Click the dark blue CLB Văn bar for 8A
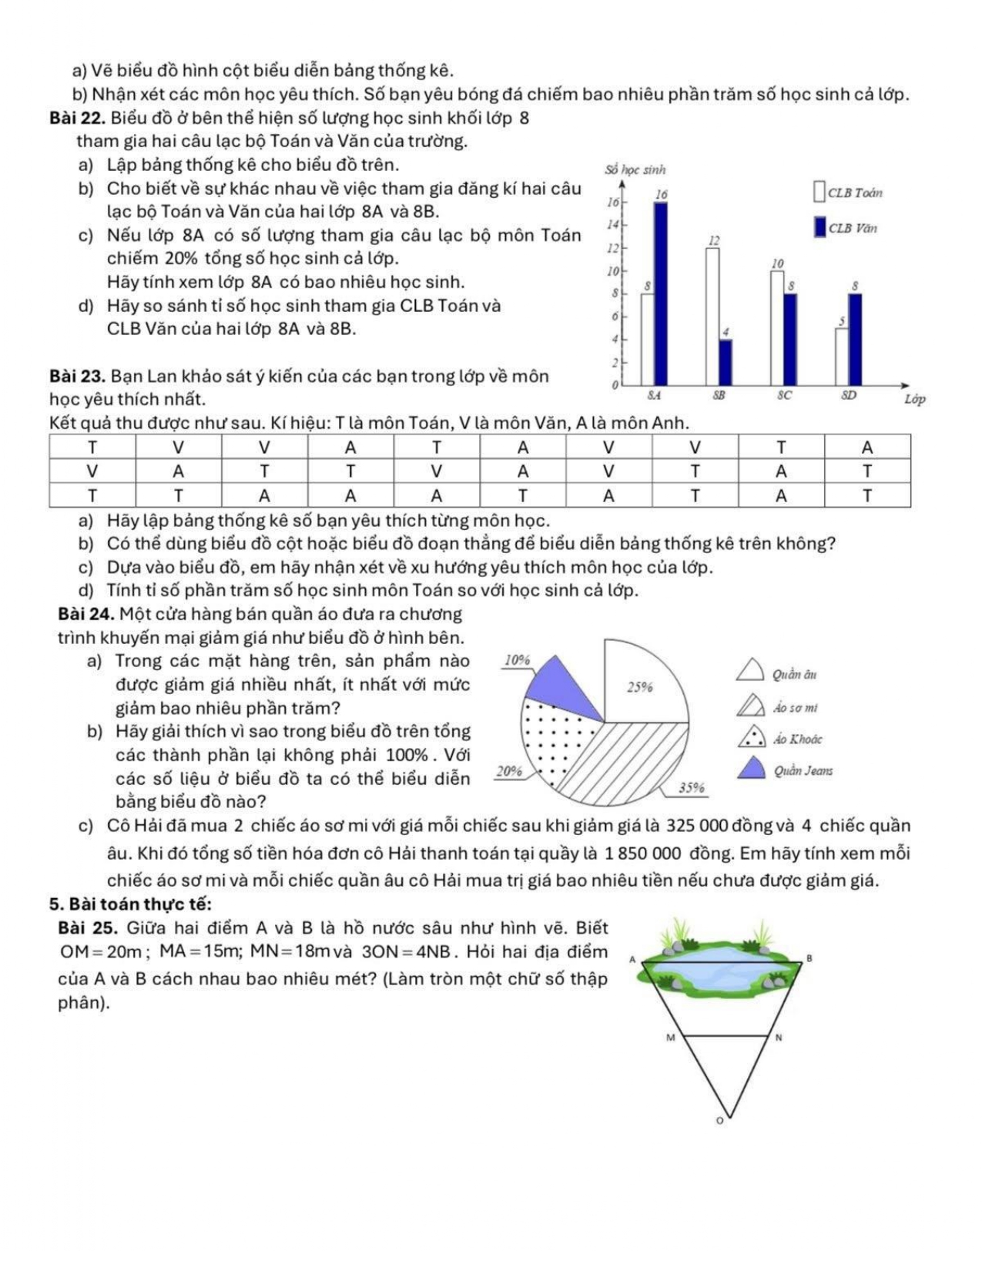pyautogui.click(x=661, y=293)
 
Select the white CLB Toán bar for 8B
pyautogui.click(x=712, y=316)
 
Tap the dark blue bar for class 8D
pyautogui.click(x=855, y=339)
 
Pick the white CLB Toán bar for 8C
pyautogui.click(x=777, y=327)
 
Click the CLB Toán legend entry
pyautogui.click(x=848, y=193)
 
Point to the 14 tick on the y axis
pyautogui.click(x=614, y=224)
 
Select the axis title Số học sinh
pyautogui.click(x=635, y=169)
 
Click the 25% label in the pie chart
pyautogui.click(x=640, y=686)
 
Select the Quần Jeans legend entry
pyautogui.click(x=785, y=770)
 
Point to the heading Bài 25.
pyautogui.click(x=87, y=927)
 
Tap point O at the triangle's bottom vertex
pyautogui.click(x=720, y=1120)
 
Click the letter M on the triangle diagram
pyautogui.click(x=670, y=1038)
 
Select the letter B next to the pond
pyautogui.click(x=809, y=957)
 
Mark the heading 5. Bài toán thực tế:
pyautogui.click(x=130, y=904)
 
